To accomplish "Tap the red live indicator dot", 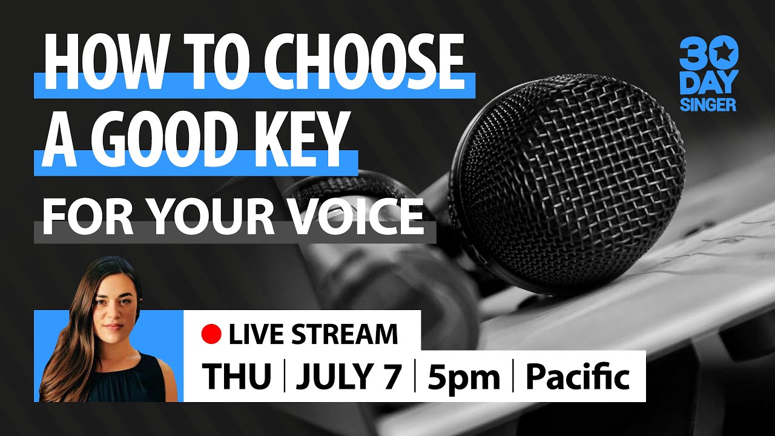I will pyautogui.click(x=211, y=334).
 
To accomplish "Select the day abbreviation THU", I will pyautogui.click(x=237, y=377).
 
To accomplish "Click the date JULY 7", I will pyautogui.click(x=349, y=377).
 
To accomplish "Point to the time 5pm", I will pyautogui.click(x=464, y=377).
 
